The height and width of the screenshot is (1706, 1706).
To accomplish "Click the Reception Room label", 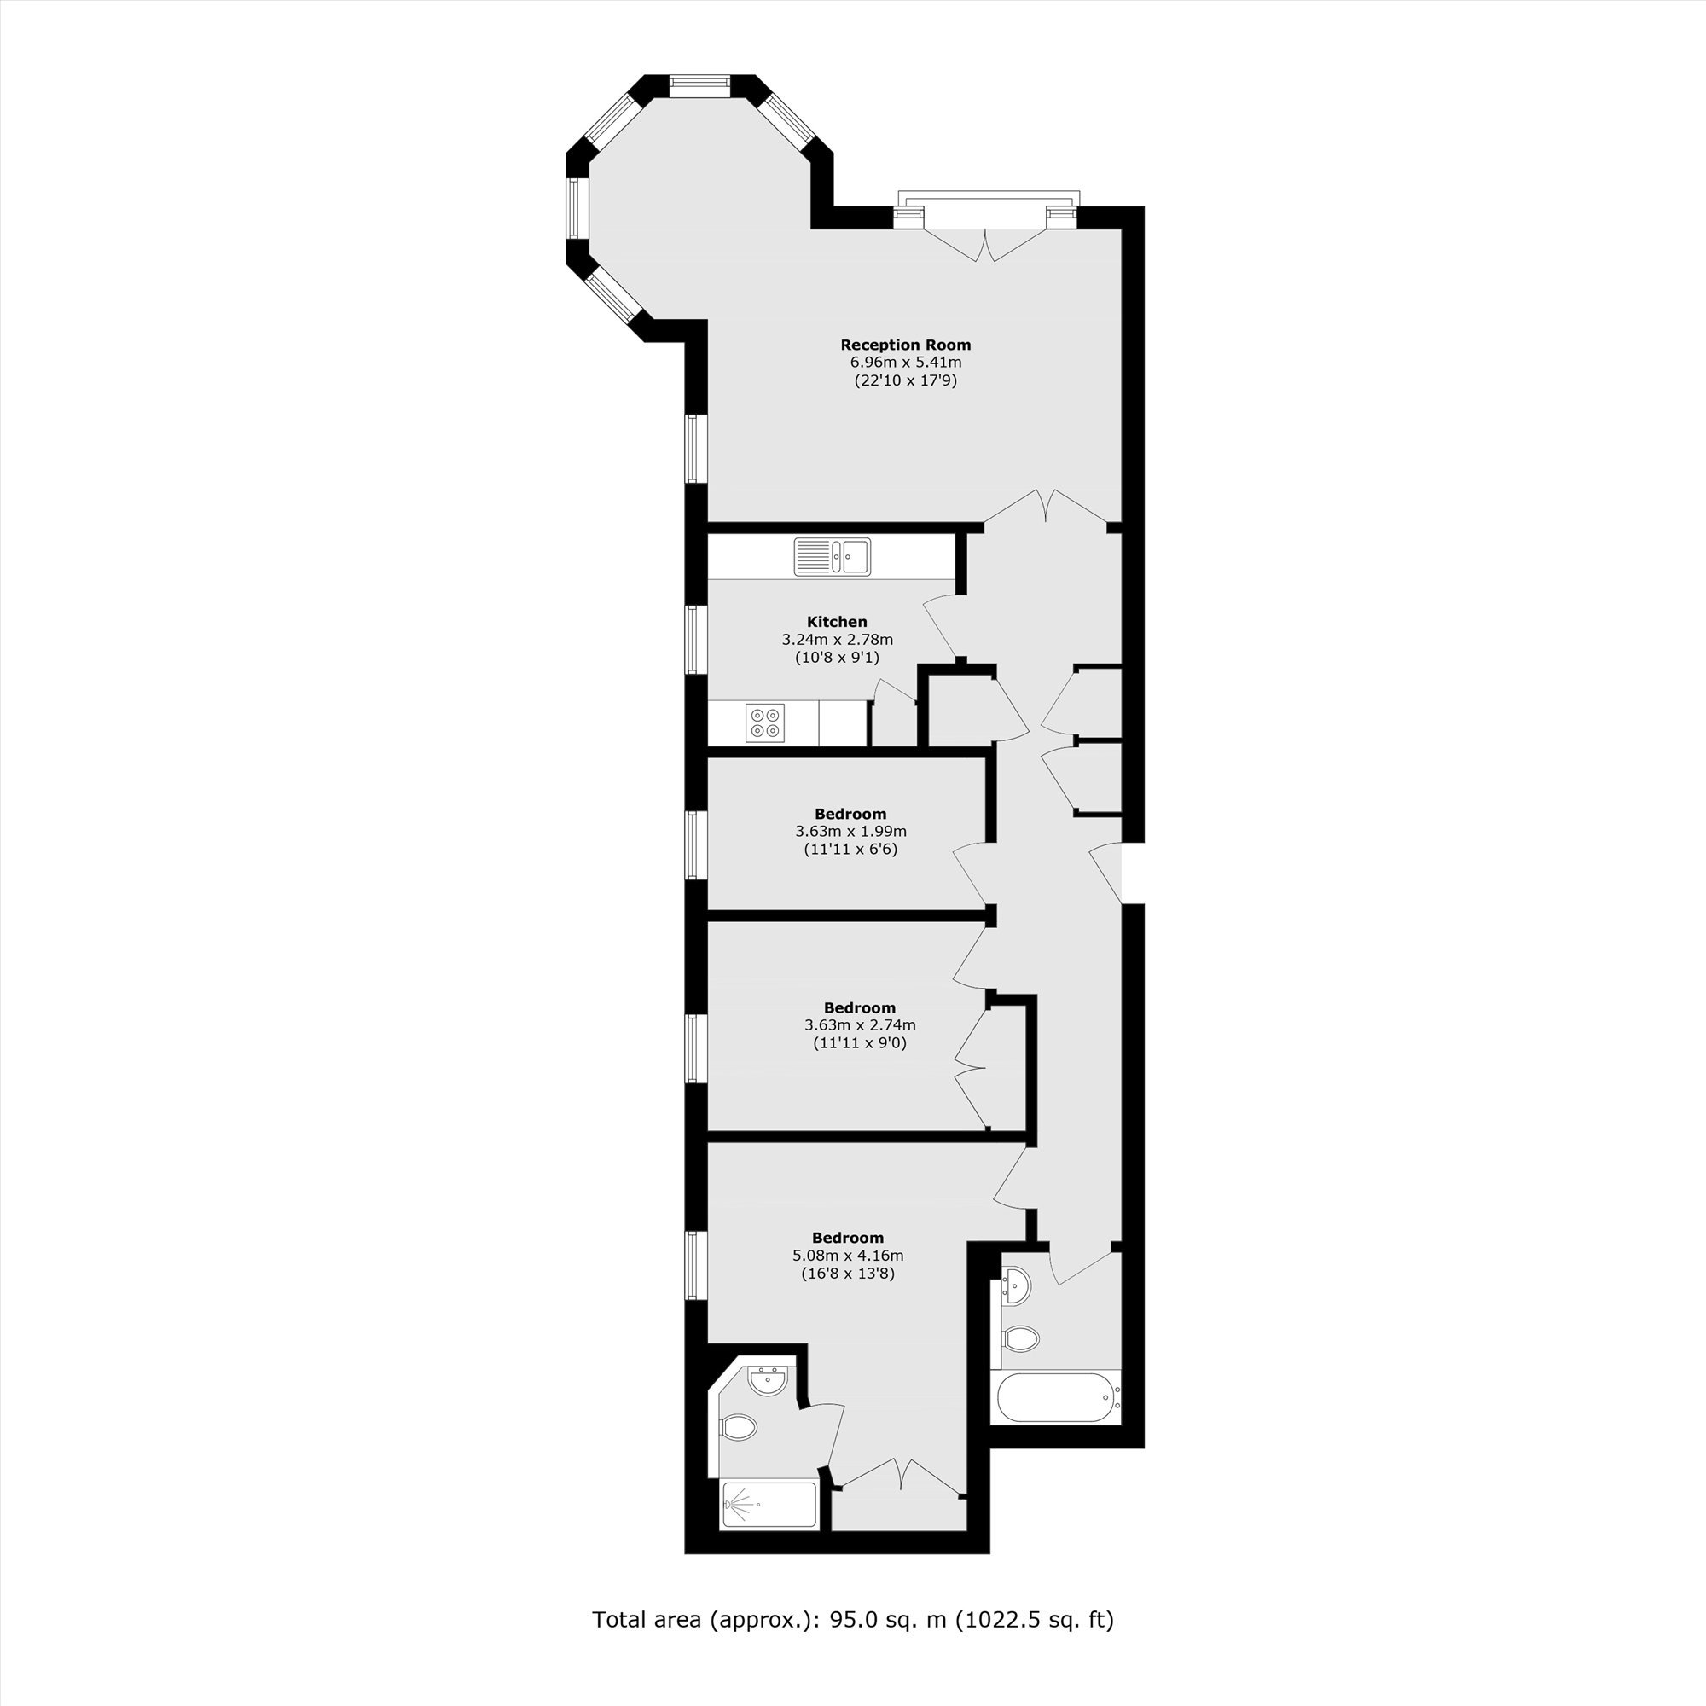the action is pos(905,345).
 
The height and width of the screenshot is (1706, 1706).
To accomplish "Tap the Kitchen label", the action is pos(837,622).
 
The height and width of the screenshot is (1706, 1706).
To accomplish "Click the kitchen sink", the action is pos(832,556).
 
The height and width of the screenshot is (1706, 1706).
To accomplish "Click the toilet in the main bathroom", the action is pos(1021,1338).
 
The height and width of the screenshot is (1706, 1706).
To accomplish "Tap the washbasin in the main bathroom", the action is pos(1017,1285).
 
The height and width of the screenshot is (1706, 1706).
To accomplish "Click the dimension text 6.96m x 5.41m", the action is pos(905,362).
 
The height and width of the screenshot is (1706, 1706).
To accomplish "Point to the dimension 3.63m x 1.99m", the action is pos(850,831).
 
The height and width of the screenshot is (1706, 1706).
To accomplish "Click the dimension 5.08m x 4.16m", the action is pos(848,1256).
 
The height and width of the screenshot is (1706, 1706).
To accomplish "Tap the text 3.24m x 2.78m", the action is pos(837,639).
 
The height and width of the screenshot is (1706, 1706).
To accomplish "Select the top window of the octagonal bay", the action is pos(699,85).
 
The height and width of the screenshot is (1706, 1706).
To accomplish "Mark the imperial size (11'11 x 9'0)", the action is pos(859,1043).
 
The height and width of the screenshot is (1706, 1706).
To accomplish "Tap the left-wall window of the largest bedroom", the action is pos(696,1265).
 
